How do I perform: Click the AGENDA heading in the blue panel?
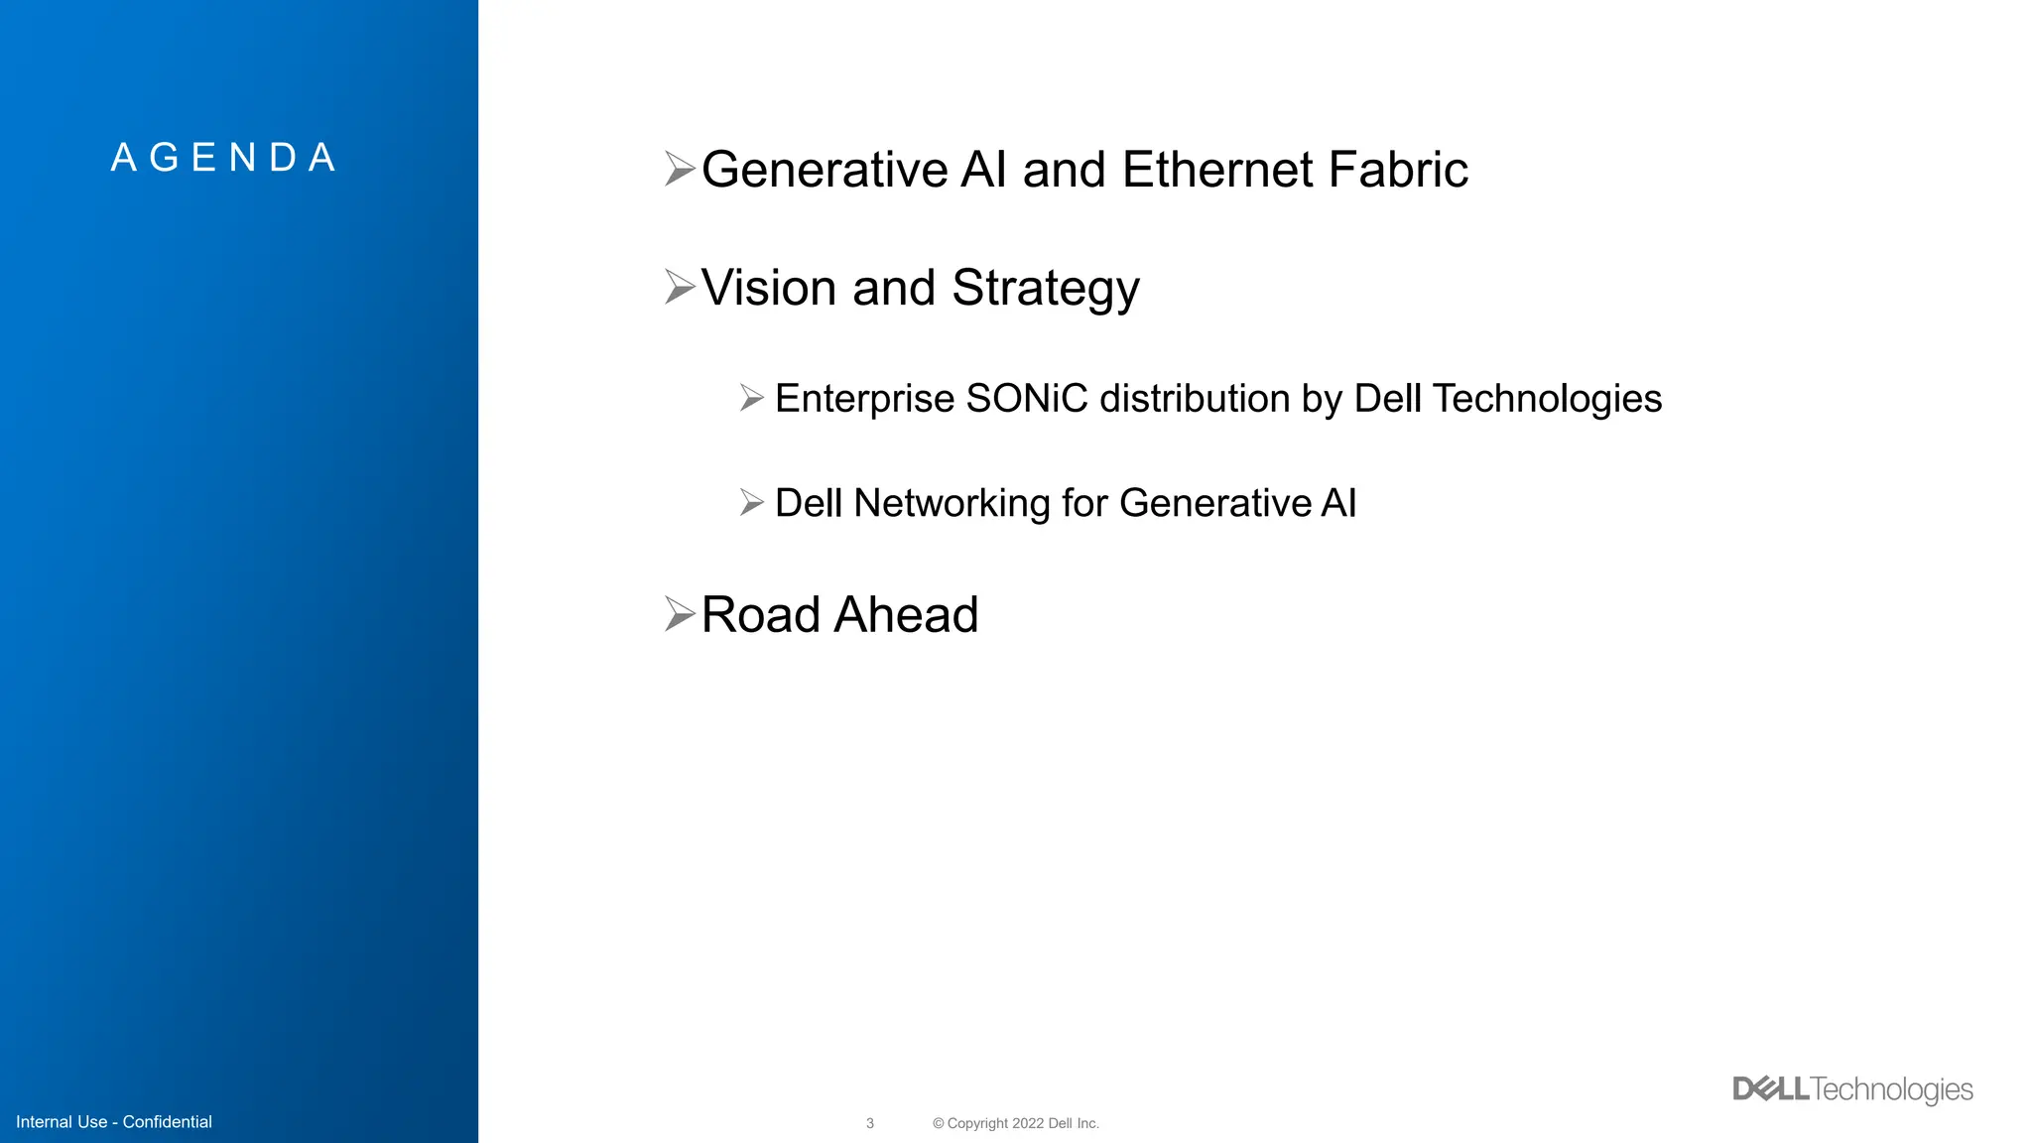coord(224,158)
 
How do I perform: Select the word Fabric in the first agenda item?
coord(1398,170)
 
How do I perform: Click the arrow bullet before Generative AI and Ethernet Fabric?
coord(680,169)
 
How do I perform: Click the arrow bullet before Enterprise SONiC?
coord(751,399)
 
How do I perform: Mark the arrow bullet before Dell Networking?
coord(751,503)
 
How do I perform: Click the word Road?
coord(760,615)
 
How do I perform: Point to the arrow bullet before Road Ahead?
coord(680,614)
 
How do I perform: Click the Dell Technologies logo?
coord(1852,1089)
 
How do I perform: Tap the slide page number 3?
coord(870,1123)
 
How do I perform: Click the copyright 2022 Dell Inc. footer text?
coord(1016,1123)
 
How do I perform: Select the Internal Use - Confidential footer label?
coord(114,1122)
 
